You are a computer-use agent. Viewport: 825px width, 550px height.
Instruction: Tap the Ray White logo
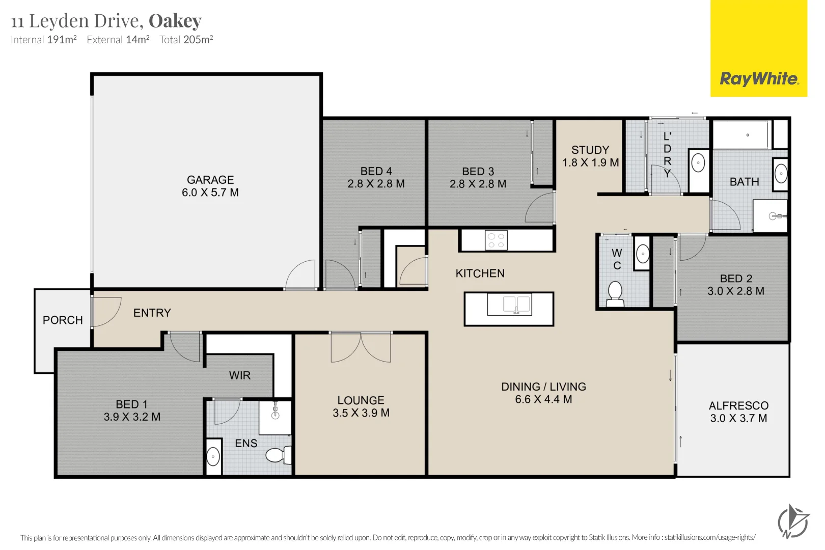(x=758, y=78)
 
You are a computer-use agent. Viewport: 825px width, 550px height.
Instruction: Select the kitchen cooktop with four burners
(x=496, y=240)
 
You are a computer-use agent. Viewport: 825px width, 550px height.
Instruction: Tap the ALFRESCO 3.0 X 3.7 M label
(x=738, y=411)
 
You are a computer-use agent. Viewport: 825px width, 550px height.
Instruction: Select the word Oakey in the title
(x=175, y=21)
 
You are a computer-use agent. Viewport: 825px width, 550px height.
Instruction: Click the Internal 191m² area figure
(x=44, y=40)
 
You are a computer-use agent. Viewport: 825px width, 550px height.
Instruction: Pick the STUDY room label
(x=590, y=150)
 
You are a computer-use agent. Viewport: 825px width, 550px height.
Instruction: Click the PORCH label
(x=63, y=320)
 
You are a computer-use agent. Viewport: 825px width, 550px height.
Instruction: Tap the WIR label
(x=240, y=375)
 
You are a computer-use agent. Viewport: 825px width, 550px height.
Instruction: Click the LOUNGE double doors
(x=361, y=347)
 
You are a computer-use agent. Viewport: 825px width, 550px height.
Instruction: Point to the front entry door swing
(x=106, y=311)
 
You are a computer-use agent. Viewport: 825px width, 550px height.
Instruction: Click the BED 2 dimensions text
(x=735, y=291)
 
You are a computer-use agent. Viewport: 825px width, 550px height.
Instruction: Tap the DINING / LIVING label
(x=543, y=387)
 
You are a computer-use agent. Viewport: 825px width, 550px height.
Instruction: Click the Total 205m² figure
(x=186, y=40)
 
